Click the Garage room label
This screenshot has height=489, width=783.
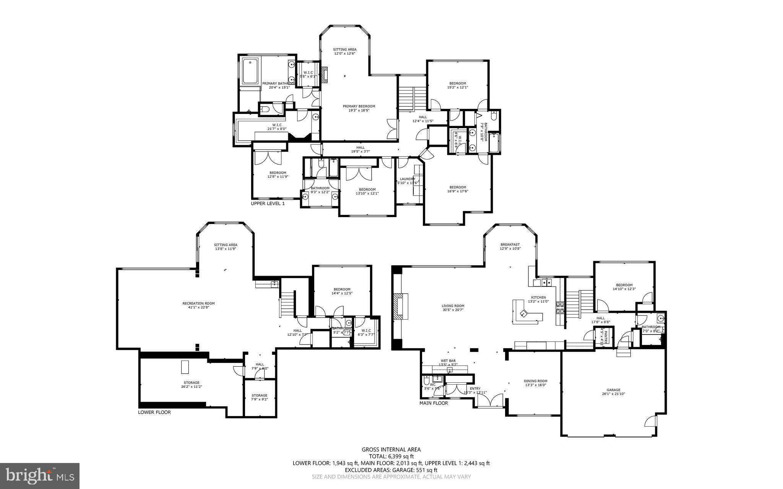tap(613, 392)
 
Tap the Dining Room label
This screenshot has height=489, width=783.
tap(535, 383)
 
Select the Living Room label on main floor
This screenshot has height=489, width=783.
tap(453, 308)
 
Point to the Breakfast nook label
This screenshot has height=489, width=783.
tap(510, 246)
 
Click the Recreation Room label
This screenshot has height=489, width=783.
tap(198, 305)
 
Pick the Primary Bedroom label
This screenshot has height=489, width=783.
tap(359, 108)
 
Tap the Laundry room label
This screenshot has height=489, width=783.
tap(408, 181)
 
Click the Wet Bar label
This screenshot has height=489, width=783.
tap(448, 362)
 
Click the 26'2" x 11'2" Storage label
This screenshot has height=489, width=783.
tap(191, 384)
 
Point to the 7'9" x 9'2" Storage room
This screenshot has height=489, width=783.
tap(259, 397)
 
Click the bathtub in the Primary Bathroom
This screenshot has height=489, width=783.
tap(250, 72)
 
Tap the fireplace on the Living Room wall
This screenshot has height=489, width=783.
tap(400, 306)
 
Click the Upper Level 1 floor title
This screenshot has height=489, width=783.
tap(268, 204)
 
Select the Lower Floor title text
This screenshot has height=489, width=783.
tap(154, 413)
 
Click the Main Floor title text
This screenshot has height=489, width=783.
tap(434, 403)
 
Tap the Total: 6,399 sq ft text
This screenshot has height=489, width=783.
tap(391, 457)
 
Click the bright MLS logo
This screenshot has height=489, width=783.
tap(40, 476)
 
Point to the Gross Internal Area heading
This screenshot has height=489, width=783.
tap(391, 450)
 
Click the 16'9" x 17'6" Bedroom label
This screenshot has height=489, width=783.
tap(457, 189)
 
